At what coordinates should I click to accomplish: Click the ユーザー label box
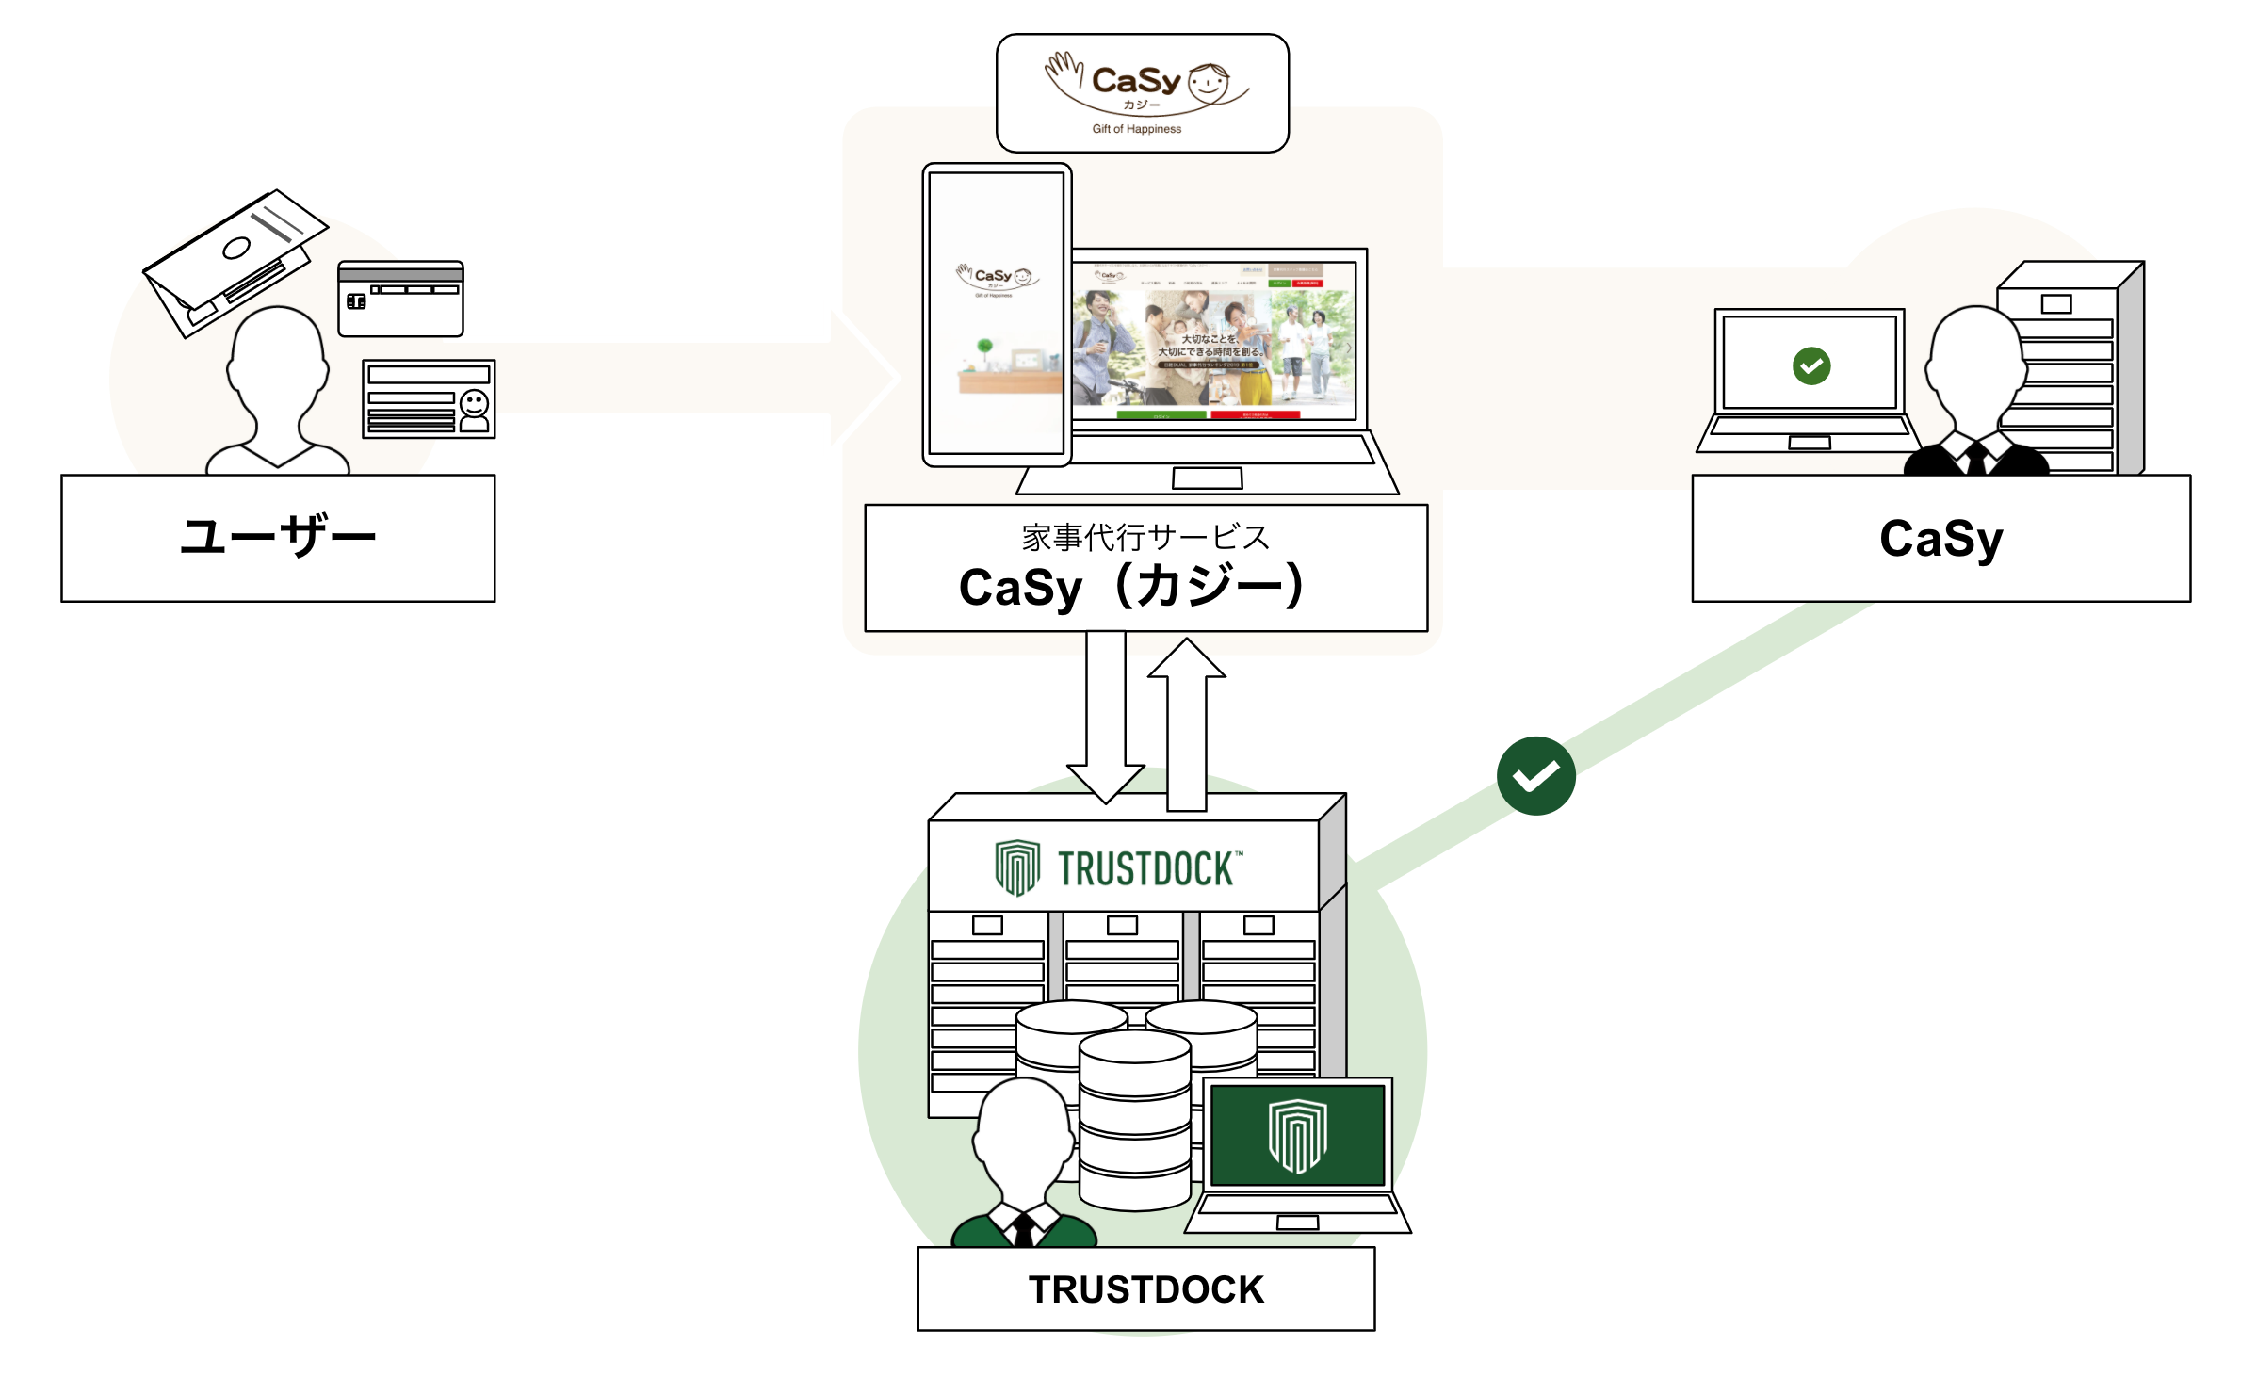tap(278, 538)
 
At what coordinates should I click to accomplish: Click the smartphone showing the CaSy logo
tap(997, 315)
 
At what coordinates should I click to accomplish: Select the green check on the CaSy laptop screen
tap(1810, 365)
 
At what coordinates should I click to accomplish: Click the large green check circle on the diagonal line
tap(1535, 775)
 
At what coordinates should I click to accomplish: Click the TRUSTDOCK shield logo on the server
tap(1017, 867)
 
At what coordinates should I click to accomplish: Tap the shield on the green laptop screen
tap(1297, 1135)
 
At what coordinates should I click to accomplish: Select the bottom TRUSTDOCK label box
tap(1145, 1288)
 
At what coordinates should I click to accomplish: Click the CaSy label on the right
tap(1940, 538)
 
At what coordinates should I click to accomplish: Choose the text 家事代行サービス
tap(1145, 537)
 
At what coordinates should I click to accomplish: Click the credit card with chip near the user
tap(400, 299)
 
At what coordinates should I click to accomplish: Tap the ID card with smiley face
tap(429, 398)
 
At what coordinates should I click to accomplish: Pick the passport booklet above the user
tap(234, 259)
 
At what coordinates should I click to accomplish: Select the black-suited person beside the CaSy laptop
tap(1975, 396)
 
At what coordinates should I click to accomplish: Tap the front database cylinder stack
tap(1134, 1121)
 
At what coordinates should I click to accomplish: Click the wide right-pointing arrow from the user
tap(697, 378)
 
